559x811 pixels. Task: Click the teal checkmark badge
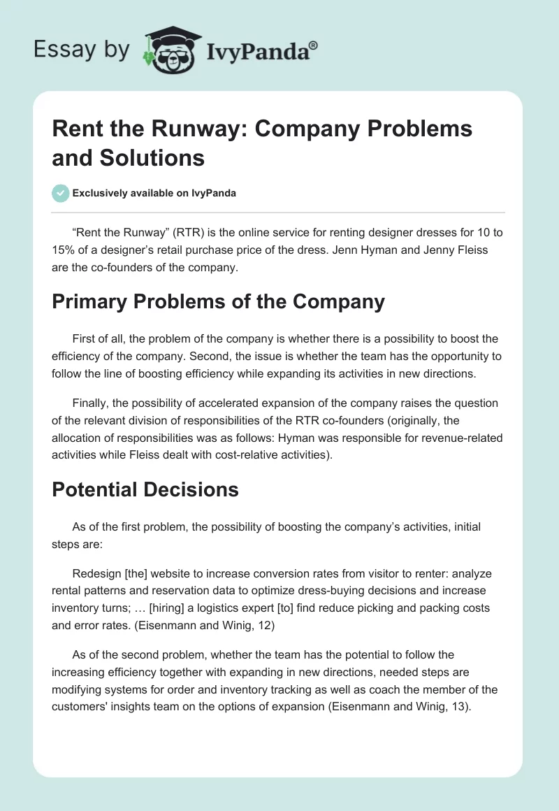(x=60, y=193)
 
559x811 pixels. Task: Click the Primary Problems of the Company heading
(x=218, y=301)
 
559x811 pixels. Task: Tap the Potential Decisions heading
(x=145, y=489)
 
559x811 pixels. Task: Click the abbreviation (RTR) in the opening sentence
(x=180, y=233)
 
